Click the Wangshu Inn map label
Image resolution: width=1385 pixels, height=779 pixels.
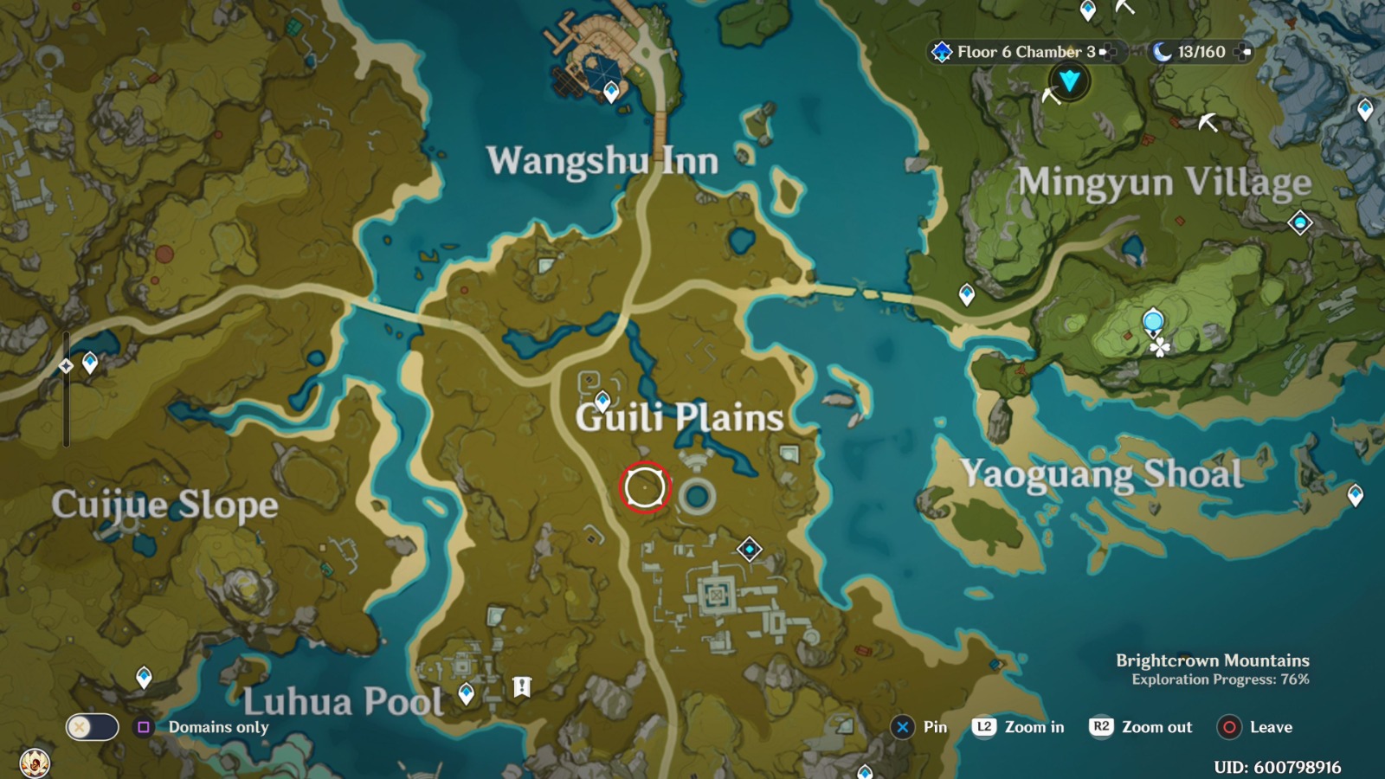pos(602,161)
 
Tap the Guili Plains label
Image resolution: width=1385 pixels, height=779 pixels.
pos(680,417)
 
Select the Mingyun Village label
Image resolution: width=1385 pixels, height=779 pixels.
pos(1163,183)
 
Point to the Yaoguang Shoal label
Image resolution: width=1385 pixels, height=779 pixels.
pos(1101,474)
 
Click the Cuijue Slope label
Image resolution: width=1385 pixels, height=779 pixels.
pos(164,505)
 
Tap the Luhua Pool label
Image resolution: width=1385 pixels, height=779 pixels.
pos(343,701)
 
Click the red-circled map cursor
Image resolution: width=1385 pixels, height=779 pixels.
pos(645,487)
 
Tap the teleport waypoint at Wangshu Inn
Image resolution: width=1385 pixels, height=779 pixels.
pos(611,90)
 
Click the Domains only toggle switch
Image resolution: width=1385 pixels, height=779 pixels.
pos(92,727)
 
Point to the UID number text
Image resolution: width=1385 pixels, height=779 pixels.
pos(1277,767)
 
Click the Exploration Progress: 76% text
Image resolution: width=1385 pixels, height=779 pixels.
pos(1220,679)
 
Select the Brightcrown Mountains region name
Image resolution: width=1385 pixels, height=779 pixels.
pos(1212,660)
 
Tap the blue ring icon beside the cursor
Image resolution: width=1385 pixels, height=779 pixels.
pos(697,497)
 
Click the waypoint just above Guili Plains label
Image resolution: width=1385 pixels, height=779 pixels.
pos(602,400)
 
